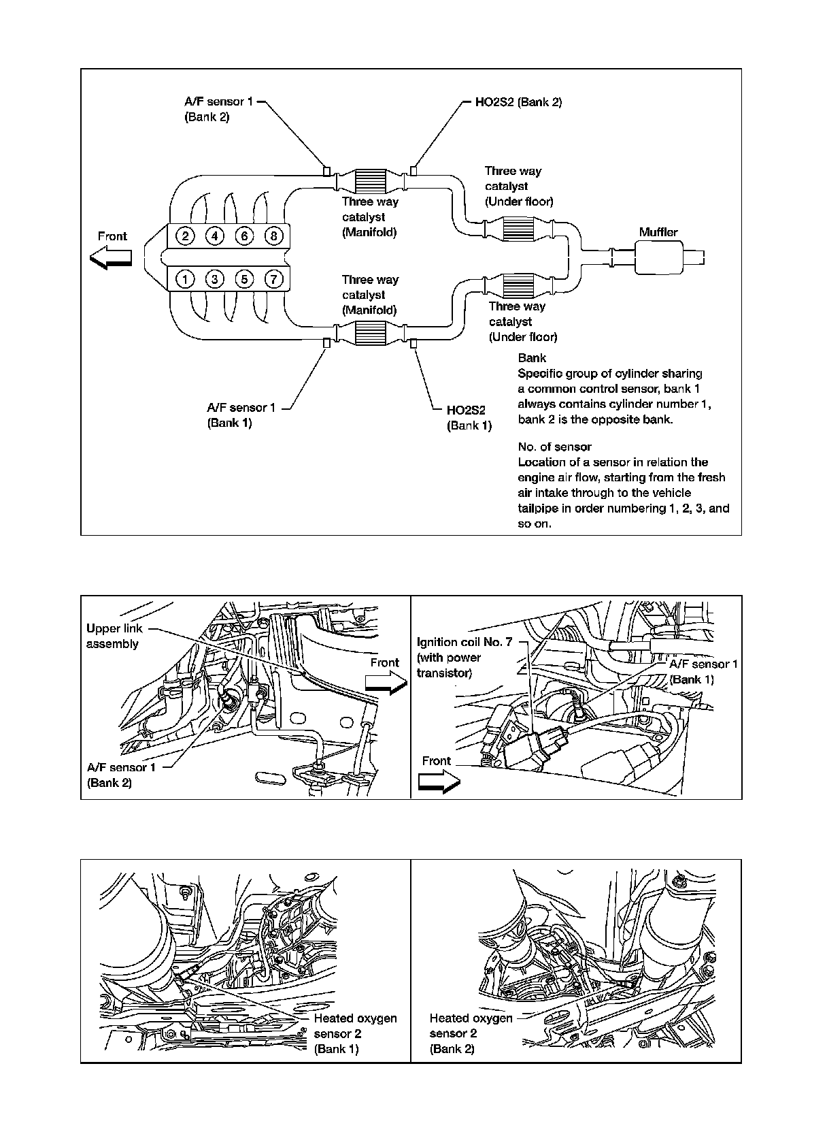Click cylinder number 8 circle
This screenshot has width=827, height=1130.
(x=273, y=236)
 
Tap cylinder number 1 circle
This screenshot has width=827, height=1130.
(x=184, y=278)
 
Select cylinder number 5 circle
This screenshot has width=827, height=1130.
(x=243, y=278)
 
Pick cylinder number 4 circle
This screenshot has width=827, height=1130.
(x=214, y=236)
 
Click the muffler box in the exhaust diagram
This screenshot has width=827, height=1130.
(x=658, y=258)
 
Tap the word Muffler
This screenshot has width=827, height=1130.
(x=658, y=232)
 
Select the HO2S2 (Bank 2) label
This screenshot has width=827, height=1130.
(x=518, y=102)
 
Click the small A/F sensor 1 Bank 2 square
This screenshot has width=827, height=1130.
(x=327, y=170)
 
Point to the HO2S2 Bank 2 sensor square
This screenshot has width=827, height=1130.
(x=413, y=170)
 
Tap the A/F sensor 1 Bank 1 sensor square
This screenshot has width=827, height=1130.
(x=326, y=342)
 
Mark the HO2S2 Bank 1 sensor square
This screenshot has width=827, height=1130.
(x=413, y=342)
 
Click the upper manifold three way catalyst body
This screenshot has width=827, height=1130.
(x=370, y=181)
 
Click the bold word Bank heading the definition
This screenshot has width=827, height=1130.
(x=532, y=358)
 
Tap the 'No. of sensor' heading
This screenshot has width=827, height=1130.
(x=554, y=447)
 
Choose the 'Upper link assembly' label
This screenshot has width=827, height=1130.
(x=114, y=636)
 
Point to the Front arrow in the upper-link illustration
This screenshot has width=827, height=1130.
(x=385, y=684)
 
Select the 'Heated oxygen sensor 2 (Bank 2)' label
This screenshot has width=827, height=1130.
(x=471, y=1033)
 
